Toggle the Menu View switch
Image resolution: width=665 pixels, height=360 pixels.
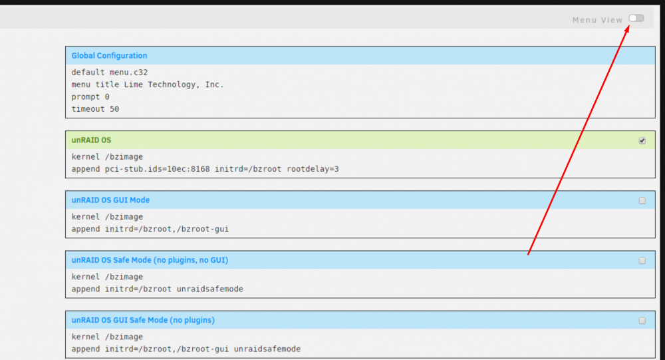click(x=636, y=18)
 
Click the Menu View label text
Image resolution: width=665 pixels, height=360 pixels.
click(x=597, y=20)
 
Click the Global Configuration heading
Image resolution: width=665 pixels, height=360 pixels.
click(x=109, y=56)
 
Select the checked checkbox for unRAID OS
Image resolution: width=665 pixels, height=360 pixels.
click(x=642, y=140)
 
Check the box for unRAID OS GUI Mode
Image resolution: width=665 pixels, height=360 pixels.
click(x=642, y=200)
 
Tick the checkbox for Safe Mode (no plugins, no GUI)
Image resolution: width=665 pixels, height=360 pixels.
click(x=642, y=261)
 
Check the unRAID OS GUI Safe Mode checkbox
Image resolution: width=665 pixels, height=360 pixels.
click(x=642, y=321)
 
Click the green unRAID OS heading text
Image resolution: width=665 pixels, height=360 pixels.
click(x=91, y=140)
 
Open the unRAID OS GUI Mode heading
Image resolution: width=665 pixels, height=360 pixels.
click(x=110, y=200)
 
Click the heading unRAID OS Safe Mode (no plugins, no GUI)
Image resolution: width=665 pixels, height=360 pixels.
click(x=150, y=260)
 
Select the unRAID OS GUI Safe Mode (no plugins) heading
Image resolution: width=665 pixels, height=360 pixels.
click(x=143, y=320)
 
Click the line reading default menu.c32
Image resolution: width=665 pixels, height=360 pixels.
click(x=110, y=72)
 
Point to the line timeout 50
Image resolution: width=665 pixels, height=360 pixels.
click(x=95, y=109)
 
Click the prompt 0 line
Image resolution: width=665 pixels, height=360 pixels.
click(x=90, y=96)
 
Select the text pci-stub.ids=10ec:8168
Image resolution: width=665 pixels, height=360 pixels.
click(x=158, y=169)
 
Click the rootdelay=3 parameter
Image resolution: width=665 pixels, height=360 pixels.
click(x=313, y=169)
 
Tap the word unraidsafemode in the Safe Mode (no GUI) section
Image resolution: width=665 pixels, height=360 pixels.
click(x=210, y=289)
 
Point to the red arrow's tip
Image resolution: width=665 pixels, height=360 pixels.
click(x=628, y=25)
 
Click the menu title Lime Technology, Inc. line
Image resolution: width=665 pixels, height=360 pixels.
click(x=147, y=85)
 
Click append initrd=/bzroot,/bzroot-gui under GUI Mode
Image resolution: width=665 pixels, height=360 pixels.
click(x=150, y=230)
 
